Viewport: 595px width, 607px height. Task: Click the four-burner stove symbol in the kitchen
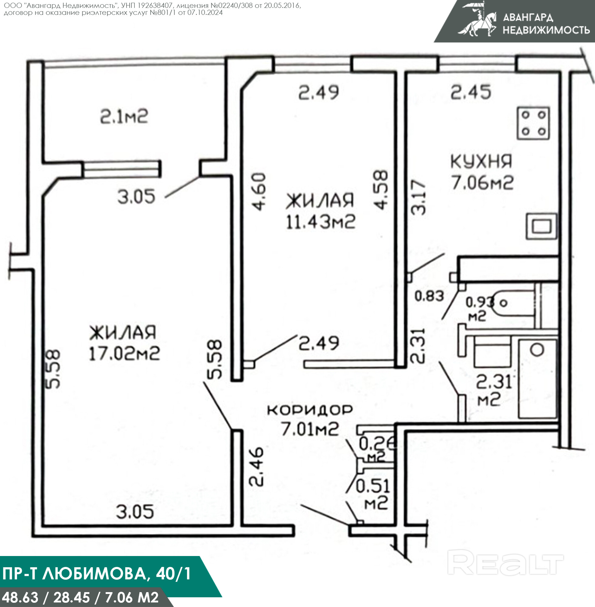pos(533,123)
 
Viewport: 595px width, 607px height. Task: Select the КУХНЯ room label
pos(481,161)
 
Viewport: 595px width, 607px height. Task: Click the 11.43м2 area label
pos(321,222)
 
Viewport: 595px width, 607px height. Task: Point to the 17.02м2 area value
pos(124,354)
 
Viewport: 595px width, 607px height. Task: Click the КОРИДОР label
pos(310,410)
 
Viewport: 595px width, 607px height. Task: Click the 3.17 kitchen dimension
pos(418,197)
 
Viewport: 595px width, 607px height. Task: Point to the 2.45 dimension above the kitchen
pos(471,93)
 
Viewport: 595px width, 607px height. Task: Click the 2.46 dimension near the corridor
pos(256,467)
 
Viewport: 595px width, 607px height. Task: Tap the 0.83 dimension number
pos(429,296)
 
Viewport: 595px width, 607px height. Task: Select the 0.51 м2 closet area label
pos(373,494)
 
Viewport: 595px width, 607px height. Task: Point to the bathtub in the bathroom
pos(538,379)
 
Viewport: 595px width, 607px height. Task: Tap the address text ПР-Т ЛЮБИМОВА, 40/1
pos(97,574)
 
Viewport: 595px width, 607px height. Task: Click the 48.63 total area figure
pos(20,598)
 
